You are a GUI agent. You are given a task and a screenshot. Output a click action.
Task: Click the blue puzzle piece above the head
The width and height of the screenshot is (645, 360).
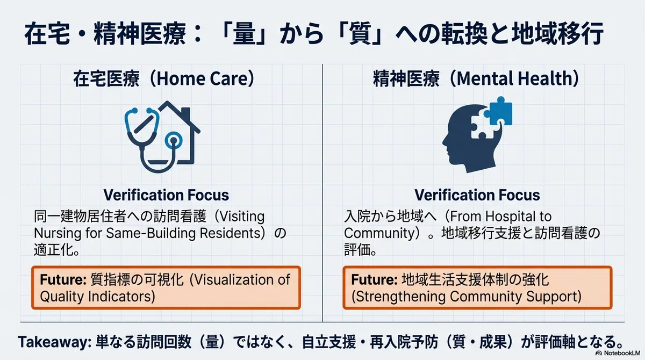coord(498,111)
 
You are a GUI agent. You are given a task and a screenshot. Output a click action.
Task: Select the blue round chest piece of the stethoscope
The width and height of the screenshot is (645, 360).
coord(173,140)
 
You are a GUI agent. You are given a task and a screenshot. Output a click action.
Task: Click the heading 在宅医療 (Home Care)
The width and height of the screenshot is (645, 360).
coord(164,79)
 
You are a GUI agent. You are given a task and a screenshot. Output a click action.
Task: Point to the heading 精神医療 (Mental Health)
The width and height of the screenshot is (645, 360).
coord(476,79)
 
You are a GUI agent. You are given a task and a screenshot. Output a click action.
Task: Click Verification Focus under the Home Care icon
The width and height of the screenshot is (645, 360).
coord(166,195)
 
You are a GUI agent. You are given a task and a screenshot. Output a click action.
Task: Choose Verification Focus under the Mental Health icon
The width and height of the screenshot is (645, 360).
coord(477,195)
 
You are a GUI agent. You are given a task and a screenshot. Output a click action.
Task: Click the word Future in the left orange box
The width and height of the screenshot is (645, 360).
coord(63,279)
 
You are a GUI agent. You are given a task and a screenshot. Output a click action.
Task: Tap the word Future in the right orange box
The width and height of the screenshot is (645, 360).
coord(374,279)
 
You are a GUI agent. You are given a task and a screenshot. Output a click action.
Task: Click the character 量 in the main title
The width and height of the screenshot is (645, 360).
coord(244,34)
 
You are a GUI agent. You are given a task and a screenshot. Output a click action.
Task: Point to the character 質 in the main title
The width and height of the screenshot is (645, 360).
coord(360,34)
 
